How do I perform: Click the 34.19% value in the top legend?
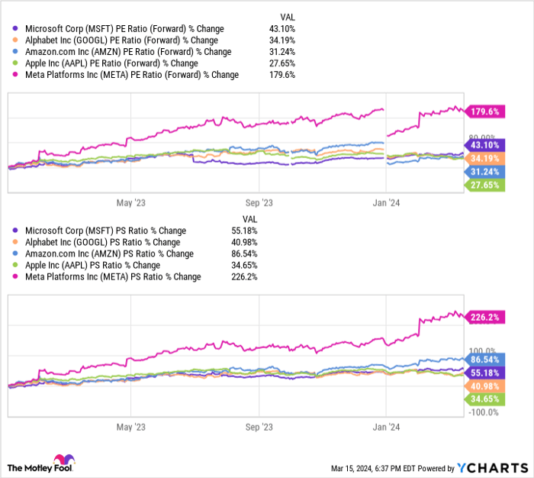pyautogui.click(x=282, y=40)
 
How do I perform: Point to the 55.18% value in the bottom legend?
pyautogui.click(x=282, y=231)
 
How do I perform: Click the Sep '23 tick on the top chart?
pyautogui.click(x=260, y=203)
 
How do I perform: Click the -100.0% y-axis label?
pyautogui.click(x=482, y=412)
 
